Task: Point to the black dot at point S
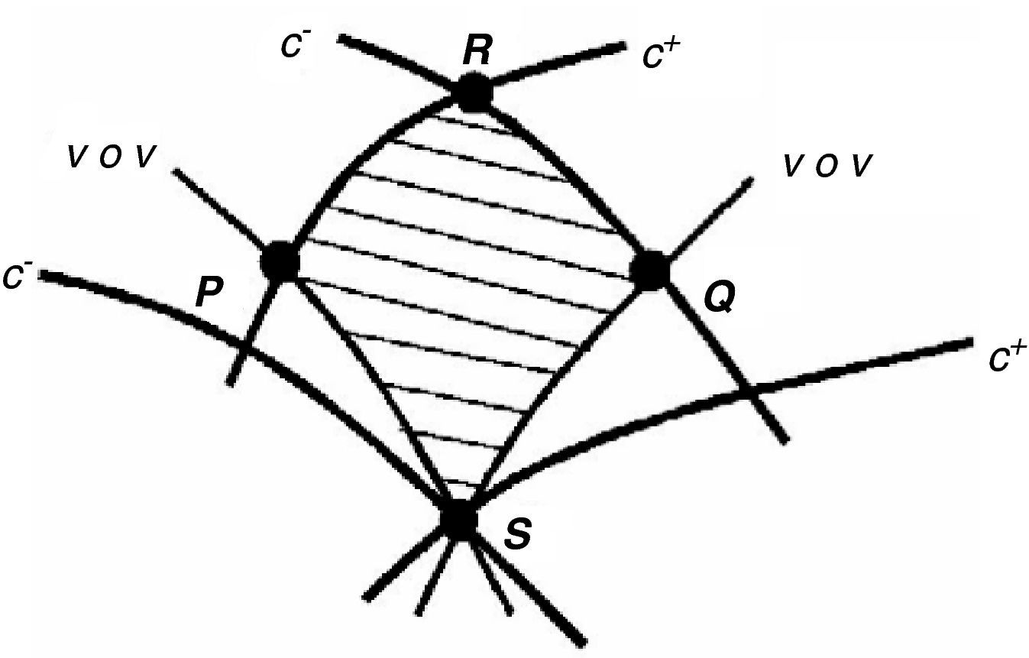click(x=459, y=520)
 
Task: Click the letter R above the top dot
click(x=477, y=51)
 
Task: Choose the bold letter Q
click(x=719, y=299)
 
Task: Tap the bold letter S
click(x=518, y=534)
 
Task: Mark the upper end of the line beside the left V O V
click(x=176, y=171)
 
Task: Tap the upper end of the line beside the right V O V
click(x=749, y=180)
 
